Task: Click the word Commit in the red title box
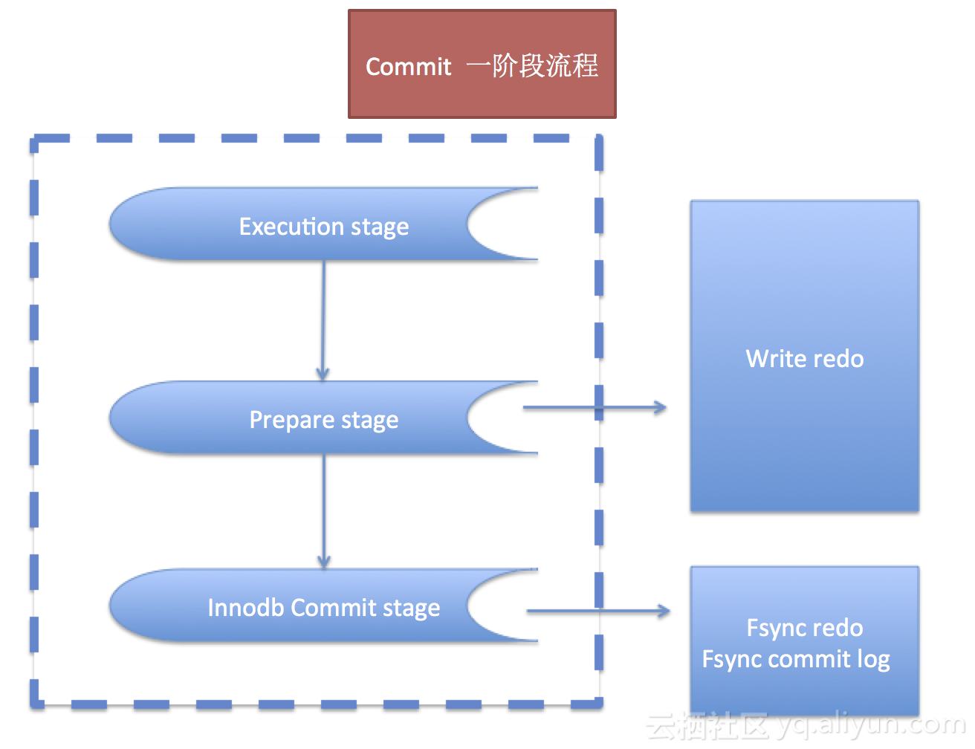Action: pos(408,67)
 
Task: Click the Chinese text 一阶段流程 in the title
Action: pos(532,66)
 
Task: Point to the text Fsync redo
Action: pos(804,628)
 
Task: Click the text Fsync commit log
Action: pos(795,659)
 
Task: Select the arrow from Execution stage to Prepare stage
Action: pos(323,320)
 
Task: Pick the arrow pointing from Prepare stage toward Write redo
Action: pos(595,407)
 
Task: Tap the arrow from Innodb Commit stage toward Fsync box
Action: pos(598,612)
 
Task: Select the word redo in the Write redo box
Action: pos(838,359)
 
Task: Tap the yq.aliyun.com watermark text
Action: pos(869,724)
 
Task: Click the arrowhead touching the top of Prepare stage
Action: pos(323,374)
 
